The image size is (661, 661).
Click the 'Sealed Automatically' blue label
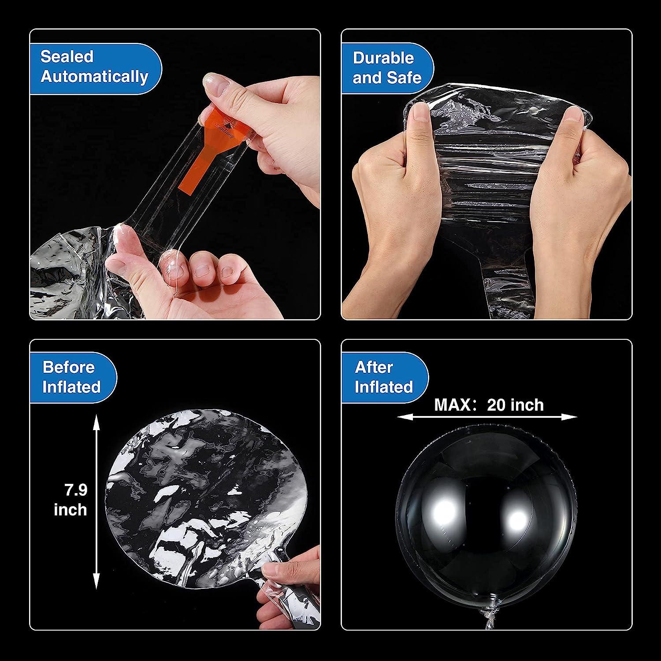click(x=95, y=67)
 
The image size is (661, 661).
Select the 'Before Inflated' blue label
click(x=71, y=377)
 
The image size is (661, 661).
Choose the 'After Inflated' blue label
click(x=383, y=377)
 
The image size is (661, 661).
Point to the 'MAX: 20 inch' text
click(x=489, y=405)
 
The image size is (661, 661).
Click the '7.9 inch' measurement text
click(x=71, y=500)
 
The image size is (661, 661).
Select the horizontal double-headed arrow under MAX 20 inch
click(x=486, y=417)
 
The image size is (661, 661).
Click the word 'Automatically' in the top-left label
click(x=95, y=77)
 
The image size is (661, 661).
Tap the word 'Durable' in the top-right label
click(x=383, y=58)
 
